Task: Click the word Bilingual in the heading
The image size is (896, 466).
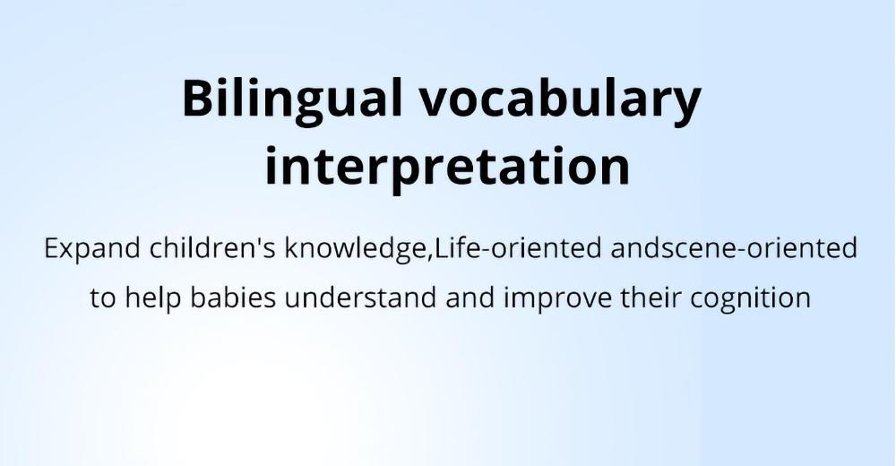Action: [x=292, y=99]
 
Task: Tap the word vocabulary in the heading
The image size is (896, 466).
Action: [x=560, y=99]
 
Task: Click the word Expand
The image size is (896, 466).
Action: [x=92, y=249]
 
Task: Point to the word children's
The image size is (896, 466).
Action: [x=212, y=247]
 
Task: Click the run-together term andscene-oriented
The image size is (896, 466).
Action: [x=734, y=247]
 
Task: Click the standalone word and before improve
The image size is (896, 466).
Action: [x=470, y=298]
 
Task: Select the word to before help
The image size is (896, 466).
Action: [x=103, y=298]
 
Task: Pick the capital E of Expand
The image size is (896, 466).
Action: [x=51, y=248]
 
